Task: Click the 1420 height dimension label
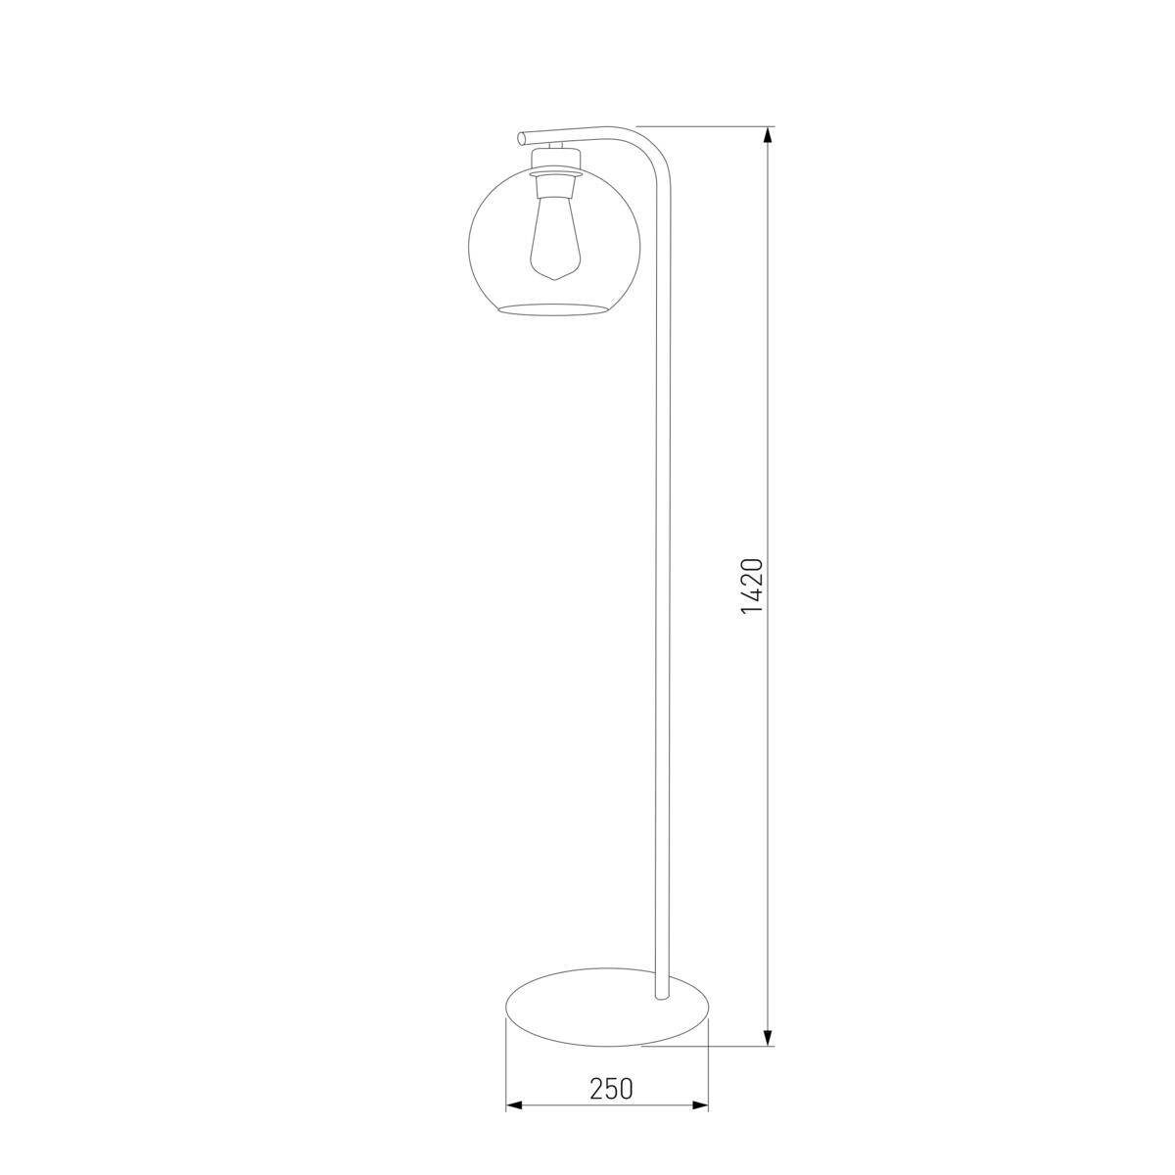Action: click(753, 586)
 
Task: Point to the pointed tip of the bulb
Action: click(553, 280)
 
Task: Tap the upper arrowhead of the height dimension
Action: click(769, 135)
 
